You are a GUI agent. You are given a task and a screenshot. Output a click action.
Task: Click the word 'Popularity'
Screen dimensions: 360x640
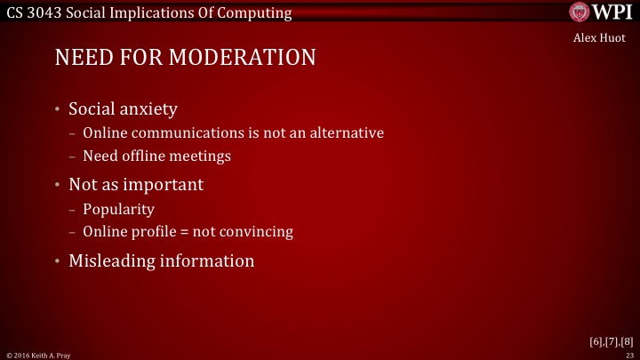click(118, 210)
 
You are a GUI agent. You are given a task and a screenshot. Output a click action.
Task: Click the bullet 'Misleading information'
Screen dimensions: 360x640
click(161, 261)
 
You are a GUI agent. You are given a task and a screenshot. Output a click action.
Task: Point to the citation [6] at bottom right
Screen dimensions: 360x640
click(596, 340)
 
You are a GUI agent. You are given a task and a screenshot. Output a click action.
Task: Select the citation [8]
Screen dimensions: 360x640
click(627, 340)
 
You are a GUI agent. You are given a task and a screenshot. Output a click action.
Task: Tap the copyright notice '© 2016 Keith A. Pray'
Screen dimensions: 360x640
click(38, 355)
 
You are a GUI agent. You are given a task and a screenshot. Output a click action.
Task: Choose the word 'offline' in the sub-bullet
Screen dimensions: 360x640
click(145, 156)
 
